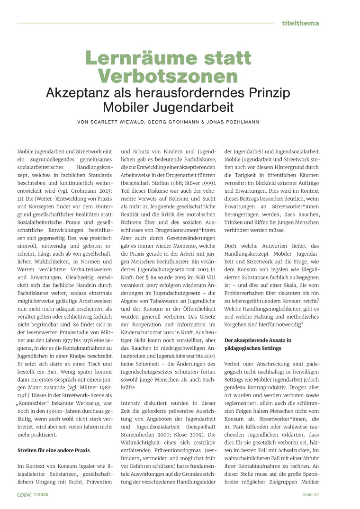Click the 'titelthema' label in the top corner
coord(300,23)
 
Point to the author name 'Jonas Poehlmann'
coord(236,123)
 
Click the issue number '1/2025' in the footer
coord(41,494)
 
